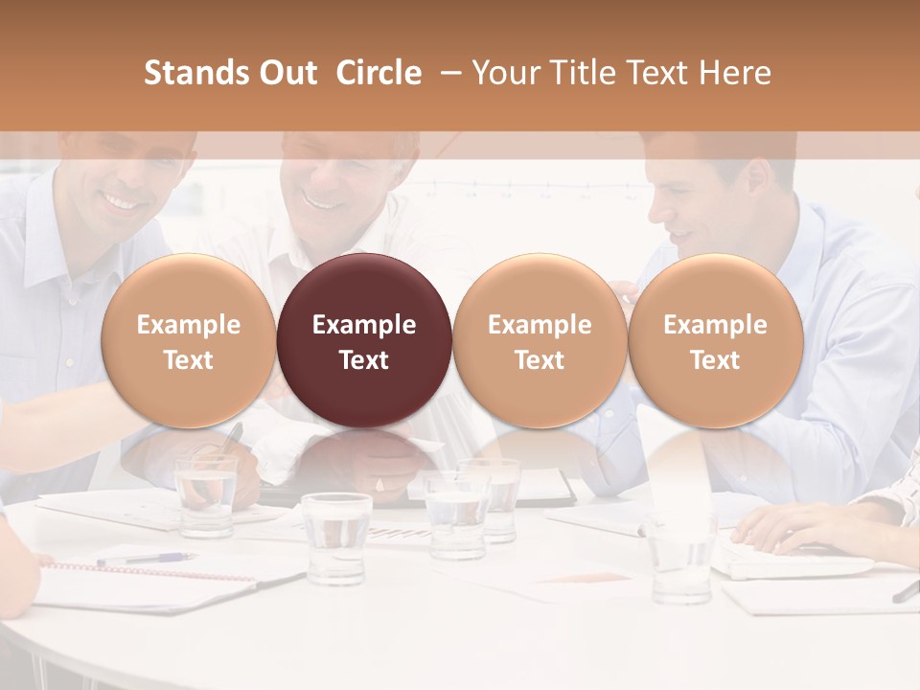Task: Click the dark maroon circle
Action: pyautogui.click(x=364, y=341)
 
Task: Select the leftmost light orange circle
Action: pyautogui.click(x=188, y=341)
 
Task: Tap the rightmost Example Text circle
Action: pyautogui.click(x=715, y=341)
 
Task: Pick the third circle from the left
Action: pyautogui.click(x=540, y=341)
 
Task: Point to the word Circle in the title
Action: pyautogui.click(x=379, y=73)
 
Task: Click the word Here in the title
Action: pyautogui.click(x=734, y=73)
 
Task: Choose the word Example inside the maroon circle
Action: pyautogui.click(x=364, y=325)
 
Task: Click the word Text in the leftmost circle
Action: pyautogui.click(x=188, y=360)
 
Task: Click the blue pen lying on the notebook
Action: pyautogui.click(x=144, y=558)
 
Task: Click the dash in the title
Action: pyautogui.click(x=447, y=73)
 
